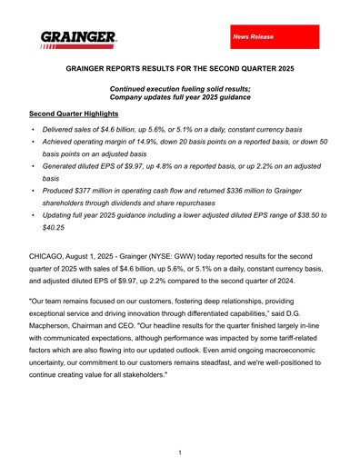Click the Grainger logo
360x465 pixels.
click(78, 38)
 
